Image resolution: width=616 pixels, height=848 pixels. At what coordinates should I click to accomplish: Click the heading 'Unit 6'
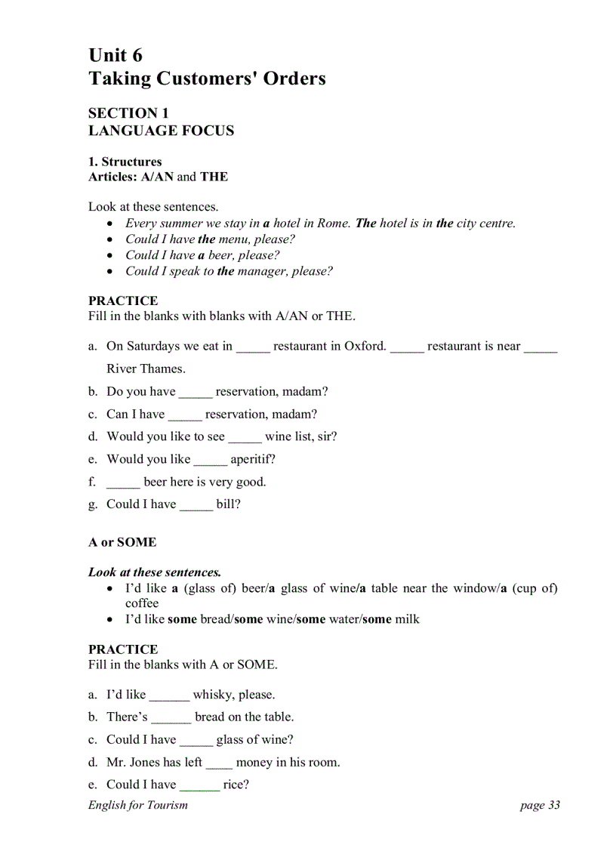point(115,55)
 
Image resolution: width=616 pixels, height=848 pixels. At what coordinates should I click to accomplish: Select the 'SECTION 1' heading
point(128,113)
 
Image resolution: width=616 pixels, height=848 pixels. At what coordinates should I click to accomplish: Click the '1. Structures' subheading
point(125,162)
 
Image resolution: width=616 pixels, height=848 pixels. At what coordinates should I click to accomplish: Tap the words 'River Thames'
point(146,369)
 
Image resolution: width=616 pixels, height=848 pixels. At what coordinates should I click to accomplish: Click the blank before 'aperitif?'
point(210,461)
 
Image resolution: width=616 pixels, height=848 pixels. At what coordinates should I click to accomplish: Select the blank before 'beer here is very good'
point(123,483)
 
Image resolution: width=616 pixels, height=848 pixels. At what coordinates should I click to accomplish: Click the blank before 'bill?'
point(196,506)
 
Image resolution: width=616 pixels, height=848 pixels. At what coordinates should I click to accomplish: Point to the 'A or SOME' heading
point(122,542)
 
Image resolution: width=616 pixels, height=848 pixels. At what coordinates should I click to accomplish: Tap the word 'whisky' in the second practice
point(214,695)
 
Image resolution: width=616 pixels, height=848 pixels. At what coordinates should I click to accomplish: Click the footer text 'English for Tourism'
point(138,805)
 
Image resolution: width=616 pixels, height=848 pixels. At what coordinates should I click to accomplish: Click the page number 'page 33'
point(540,805)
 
